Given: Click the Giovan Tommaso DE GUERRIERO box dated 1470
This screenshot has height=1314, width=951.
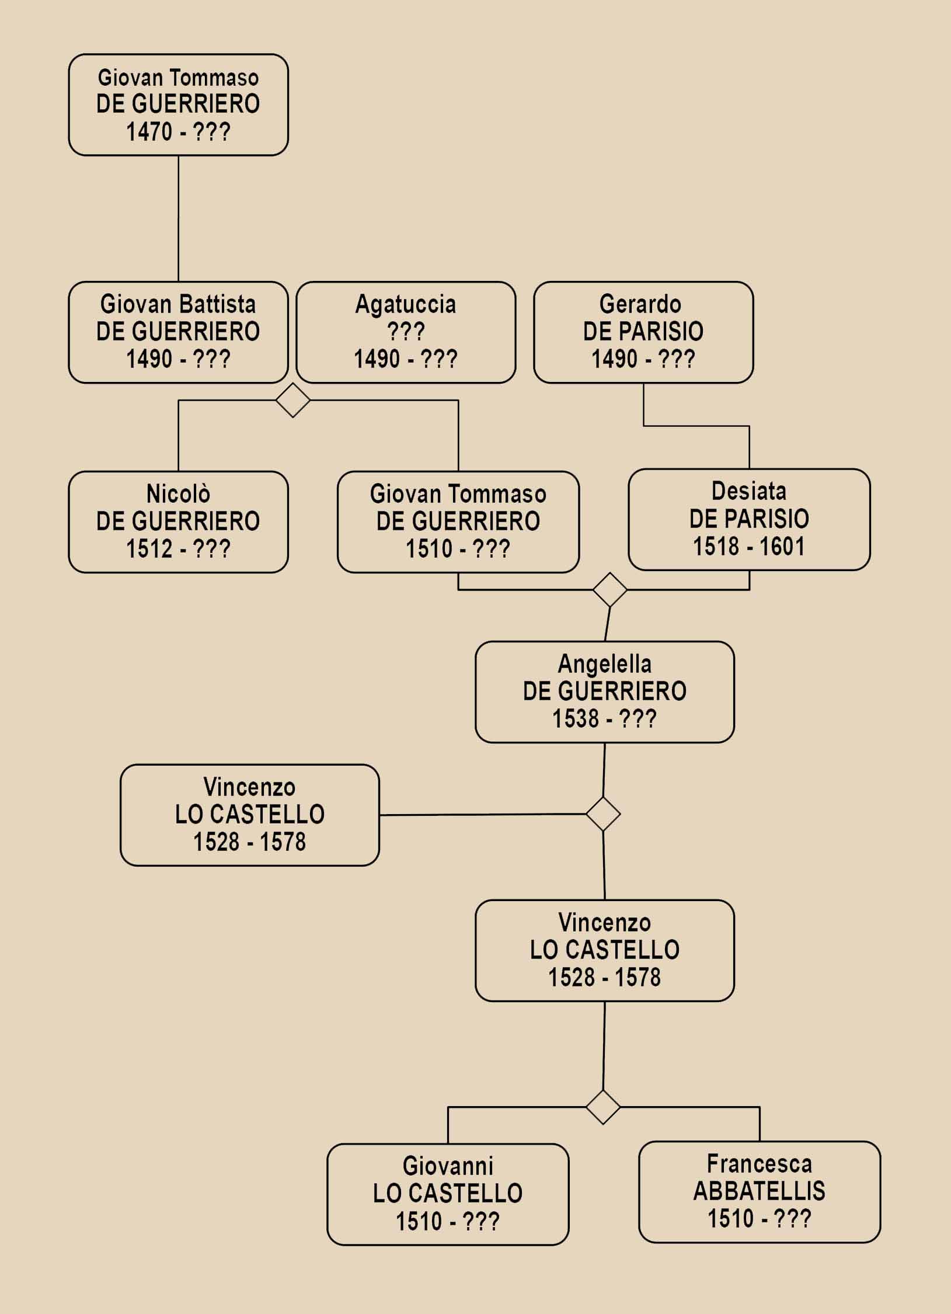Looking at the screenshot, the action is point(178,105).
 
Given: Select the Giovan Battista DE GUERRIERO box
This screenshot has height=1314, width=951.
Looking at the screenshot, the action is point(178,332).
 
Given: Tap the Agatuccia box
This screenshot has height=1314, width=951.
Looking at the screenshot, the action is point(406,332).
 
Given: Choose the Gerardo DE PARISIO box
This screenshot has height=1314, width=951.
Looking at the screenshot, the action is point(643,332).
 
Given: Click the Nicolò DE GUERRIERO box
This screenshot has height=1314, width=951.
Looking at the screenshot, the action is point(178,522).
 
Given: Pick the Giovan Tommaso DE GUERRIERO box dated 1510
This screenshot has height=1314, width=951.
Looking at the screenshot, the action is point(458,522).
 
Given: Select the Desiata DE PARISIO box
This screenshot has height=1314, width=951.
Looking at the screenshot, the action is point(749,520).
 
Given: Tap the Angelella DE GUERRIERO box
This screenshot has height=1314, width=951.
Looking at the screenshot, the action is point(605,692).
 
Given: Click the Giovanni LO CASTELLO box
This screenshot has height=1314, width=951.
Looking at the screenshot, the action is point(448,1194).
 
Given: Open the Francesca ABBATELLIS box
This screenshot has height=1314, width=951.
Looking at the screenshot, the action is point(760,1192).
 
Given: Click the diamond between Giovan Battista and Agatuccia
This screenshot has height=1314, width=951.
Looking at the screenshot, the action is point(292,400).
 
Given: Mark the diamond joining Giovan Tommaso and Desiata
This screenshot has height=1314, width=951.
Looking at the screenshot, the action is point(610,590).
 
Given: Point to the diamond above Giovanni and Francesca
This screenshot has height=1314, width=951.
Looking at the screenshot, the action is point(603,1107).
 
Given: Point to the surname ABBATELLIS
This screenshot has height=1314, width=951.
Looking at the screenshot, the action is point(760,1191).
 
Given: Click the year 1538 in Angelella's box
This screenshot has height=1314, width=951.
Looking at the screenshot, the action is point(576,719).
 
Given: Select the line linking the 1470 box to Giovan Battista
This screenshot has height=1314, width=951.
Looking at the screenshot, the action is point(178,219).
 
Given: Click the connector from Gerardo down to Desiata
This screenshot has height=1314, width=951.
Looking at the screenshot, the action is point(696,426).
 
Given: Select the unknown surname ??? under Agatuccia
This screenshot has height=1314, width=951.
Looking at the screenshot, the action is point(406,332).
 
